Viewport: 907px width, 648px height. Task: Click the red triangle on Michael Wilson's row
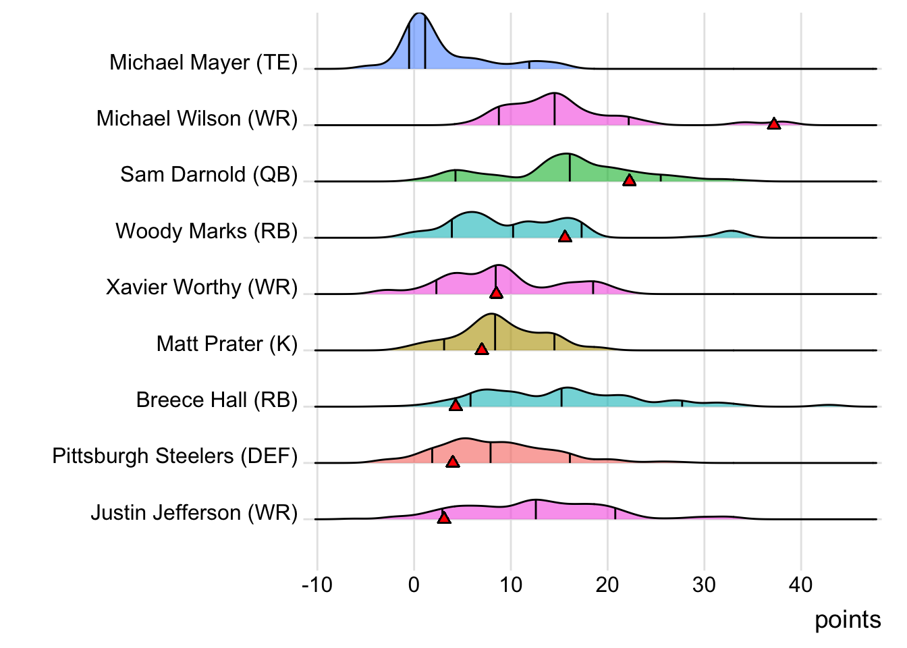tap(773, 124)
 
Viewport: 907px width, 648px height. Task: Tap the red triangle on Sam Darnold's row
tap(629, 180)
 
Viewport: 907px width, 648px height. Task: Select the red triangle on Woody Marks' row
tap(565, 236)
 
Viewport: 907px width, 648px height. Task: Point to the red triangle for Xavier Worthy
tap(496, 292)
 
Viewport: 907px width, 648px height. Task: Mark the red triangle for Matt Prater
tap(481, 349)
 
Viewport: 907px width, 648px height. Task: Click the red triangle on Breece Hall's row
tap(456, 405)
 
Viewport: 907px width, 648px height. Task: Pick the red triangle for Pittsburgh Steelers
tap(452, 462)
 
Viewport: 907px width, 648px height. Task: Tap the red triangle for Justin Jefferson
tap(443, 518)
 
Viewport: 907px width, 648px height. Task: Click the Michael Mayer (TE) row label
tap(203, 62)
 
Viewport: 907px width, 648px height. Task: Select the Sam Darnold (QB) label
tap(209, 174)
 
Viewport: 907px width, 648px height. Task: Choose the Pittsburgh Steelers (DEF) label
tap(175, 456)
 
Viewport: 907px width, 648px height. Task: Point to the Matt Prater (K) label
tap(227, 344)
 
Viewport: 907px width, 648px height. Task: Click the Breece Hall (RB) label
tap(217, 400)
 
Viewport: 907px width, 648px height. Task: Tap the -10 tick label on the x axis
tap(317, 585)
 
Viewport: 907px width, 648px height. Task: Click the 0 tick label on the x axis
tap(414, 585)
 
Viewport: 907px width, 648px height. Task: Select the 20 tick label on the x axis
tap(607, 585)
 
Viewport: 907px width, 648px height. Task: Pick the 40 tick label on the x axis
tap(800, 585)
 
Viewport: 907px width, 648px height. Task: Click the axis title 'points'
tap(848, 620)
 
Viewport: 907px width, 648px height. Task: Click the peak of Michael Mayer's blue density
tap(419, 15)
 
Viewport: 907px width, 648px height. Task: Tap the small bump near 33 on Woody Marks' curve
tap(731, 232)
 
